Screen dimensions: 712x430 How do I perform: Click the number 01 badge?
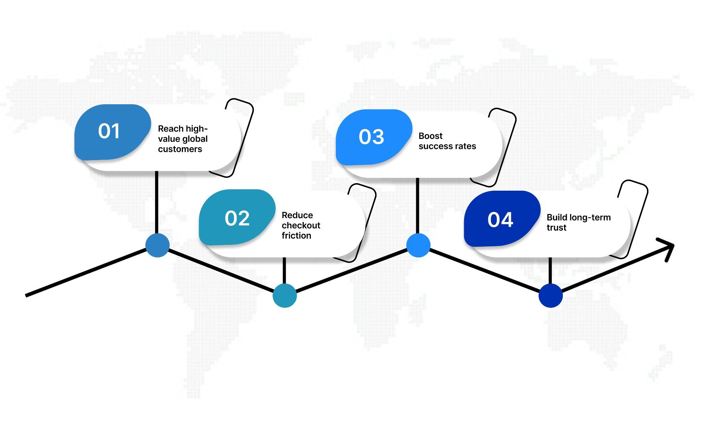113,132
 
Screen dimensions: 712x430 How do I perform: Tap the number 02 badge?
237,217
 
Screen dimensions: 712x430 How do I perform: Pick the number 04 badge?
502,219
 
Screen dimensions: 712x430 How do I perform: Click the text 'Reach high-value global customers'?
183,139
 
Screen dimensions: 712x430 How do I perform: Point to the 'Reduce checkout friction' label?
301,225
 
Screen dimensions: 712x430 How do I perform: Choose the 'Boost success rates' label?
447,141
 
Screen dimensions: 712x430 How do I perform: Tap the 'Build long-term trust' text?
579,222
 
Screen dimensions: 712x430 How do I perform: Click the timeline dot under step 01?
157,245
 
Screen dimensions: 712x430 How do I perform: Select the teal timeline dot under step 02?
285,296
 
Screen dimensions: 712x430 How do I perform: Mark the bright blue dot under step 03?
418,245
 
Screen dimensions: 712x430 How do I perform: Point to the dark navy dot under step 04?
551,296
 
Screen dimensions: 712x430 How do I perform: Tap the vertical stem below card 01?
156,202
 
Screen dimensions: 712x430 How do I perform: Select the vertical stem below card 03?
418,206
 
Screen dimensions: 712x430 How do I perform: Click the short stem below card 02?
284,271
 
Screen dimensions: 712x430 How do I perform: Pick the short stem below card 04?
550,271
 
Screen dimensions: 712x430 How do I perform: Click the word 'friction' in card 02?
297,235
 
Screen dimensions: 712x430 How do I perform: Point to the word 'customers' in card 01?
180,149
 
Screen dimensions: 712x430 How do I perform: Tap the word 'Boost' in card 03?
431,136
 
